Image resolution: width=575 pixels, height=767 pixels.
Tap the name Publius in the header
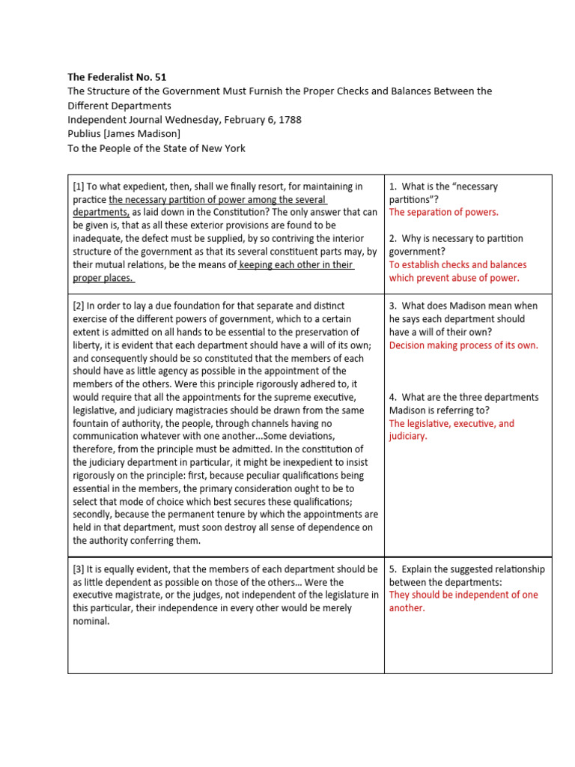point(86,134)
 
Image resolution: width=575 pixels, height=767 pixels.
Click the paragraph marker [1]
point(79,187)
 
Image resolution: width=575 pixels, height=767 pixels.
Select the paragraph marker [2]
point(79,306)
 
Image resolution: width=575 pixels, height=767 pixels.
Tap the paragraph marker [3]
point(79,569)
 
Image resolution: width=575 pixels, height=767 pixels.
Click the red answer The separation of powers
point(443,212)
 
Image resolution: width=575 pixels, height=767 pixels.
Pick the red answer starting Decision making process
point(463,345)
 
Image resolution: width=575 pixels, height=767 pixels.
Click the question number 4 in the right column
point(392,397)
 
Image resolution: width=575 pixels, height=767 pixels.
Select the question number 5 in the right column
point(392,569)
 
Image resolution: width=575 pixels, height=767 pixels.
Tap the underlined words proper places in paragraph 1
point(103,278)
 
